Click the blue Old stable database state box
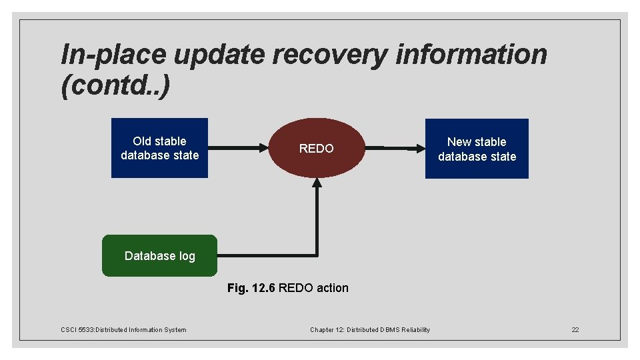pos(159,148)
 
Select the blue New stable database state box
pos(477,149)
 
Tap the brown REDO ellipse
pos(317,148)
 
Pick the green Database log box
pos(159,255)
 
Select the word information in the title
pos(471,55)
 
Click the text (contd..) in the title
pos(115,87)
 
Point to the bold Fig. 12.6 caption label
pos(251,288)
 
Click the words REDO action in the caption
pos(313,288)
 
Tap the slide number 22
pos(575,329)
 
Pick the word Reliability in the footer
pos(415,329)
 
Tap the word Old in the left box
pos(141,141)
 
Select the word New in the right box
pos(459,142)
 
